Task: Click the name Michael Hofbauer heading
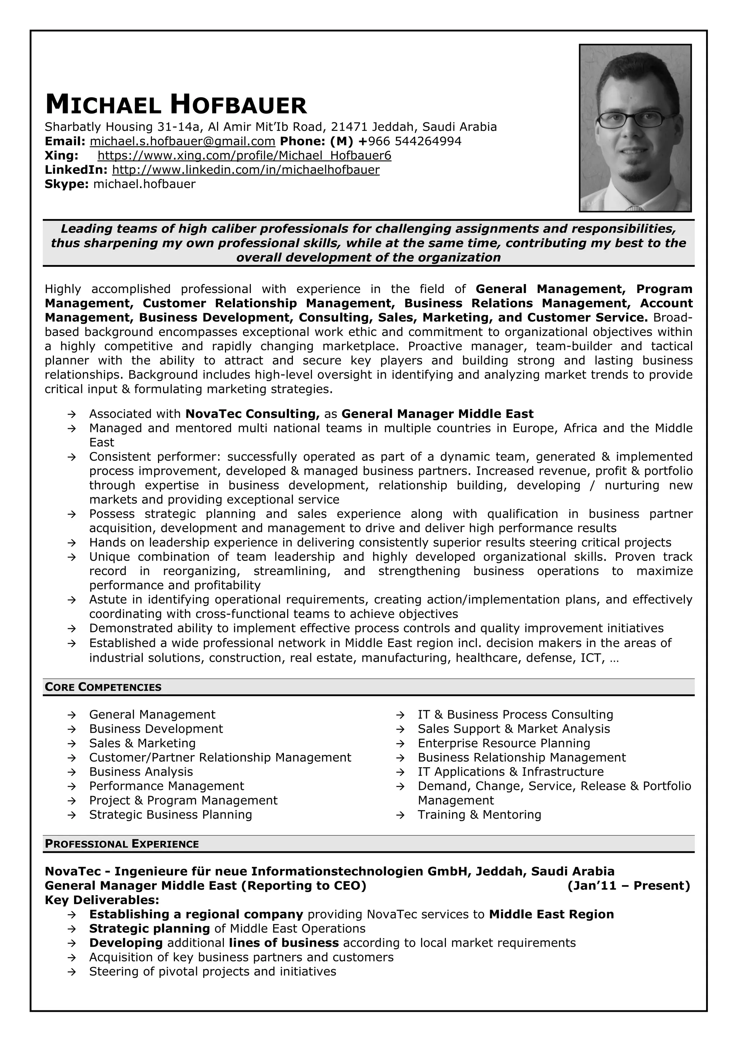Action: pos(176,105)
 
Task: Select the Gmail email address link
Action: pos(182,141)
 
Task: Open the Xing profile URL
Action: pos(244,156)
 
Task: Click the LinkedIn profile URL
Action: pos(246,170)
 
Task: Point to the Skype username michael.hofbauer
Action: pos(144,184)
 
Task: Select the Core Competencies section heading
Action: pos(103,687)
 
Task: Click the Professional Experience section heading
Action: pos(122,844)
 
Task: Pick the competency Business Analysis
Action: pos(141,772)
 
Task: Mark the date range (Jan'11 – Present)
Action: pos(628,886)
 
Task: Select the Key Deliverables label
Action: pos(102,900)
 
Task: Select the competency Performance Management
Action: pos(166,786)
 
